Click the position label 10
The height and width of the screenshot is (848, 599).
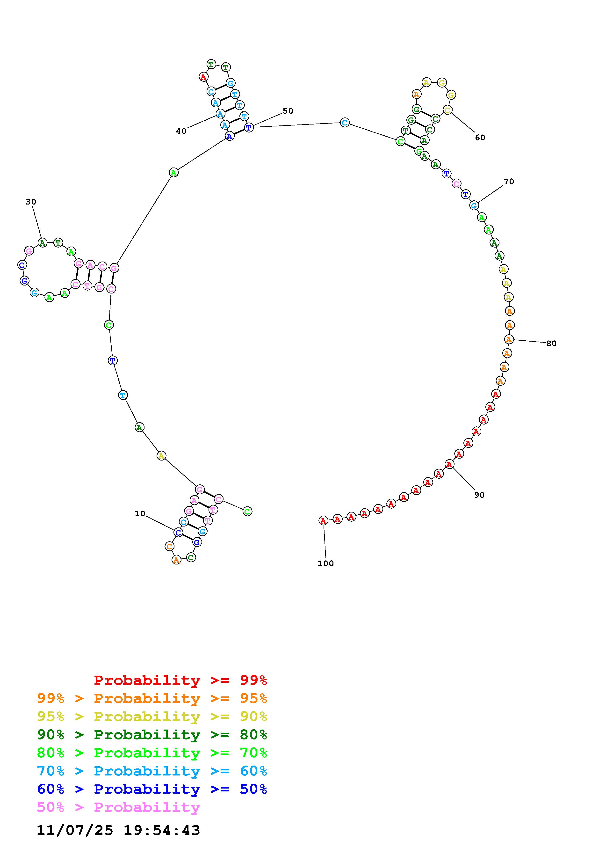tap(140, 514)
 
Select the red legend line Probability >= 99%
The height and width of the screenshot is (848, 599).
tap(180, 680)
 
